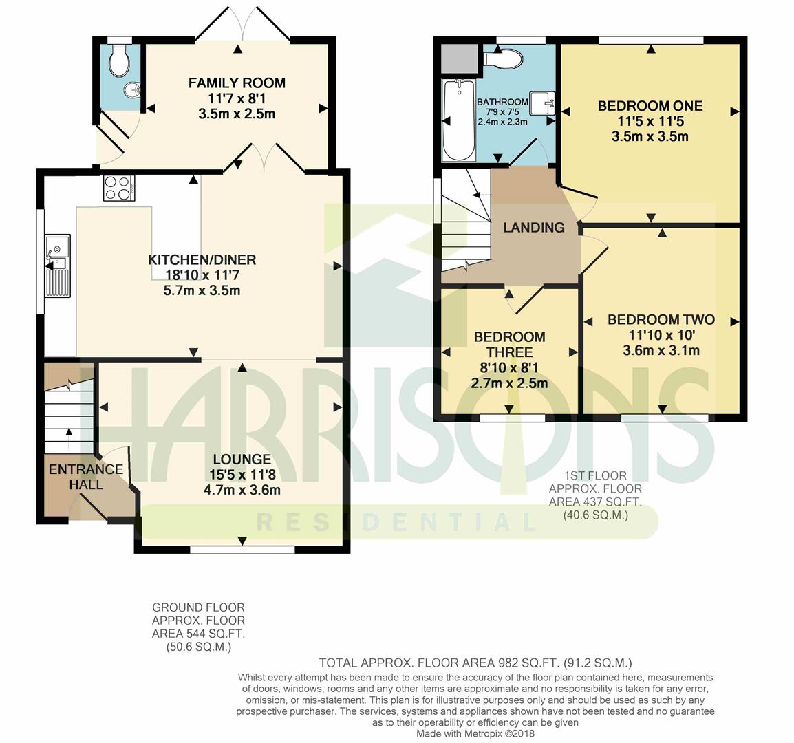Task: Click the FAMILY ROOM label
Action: pyautogui.click(x=237, y=83)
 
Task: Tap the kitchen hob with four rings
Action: pyautogui.click(x=119, y=188)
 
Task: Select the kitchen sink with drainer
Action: pyautogui.click(x=58, y=266)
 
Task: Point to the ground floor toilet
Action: pyautogui.click(x=120, y=60)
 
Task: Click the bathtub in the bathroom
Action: pyautogui.click(x=459, y=120)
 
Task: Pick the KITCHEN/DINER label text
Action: pyautogui.click(x=202, y=260)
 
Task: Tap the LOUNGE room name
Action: pyautogui.click(x=242, y=460)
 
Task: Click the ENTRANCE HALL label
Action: pyautogui.click(x=86, y=477)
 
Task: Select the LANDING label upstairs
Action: pyautogui.click(x=534, y=228)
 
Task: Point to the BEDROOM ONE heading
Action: pyautogui.click(x=650, y=106)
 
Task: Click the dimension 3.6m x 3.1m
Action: pyautogui.click(x=661, y=350)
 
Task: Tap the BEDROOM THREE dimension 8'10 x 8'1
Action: pyautogui.click(x=509, y=367)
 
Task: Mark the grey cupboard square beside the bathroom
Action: pyautogui.click(x=460, y=58)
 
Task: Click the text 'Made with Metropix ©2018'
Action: pyautogui.click(x=475, y=733)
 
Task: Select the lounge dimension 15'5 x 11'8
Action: pyautogui.click(x=242, y=475)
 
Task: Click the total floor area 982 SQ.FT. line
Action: pyautogui.click(x=475, y=663)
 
